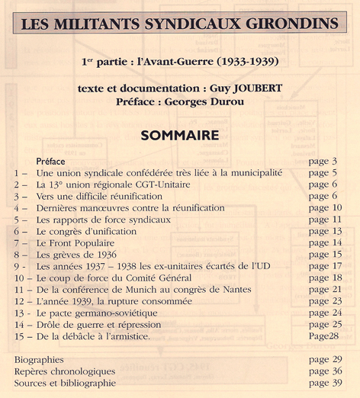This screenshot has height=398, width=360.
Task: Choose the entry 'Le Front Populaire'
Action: [x=76, y=242]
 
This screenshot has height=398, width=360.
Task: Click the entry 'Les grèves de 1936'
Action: [x=76, y=255]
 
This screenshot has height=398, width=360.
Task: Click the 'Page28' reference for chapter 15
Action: [x=324, y=336]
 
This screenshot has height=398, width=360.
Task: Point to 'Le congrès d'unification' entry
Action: [x=85, y=231]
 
